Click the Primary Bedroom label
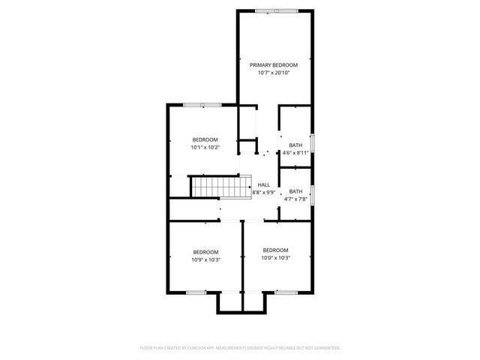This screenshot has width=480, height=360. pyautogui.click(x=274, y=65)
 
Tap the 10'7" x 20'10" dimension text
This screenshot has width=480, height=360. pyautogui.click(x=274, y=73)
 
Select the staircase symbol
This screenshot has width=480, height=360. pyautogui.click(x=220, y=186)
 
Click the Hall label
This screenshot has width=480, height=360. pyautogui.click(x=263, y=184)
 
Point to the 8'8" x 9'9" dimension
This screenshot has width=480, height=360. pyautogui.click(x=263, y=192)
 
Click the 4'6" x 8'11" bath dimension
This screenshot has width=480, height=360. pyautogui.click(x=295, y=153)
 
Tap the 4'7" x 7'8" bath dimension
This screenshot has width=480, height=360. pyautogui.click(x=295, y=199)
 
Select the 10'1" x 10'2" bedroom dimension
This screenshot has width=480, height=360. pyautogui.click(x=205, y=148)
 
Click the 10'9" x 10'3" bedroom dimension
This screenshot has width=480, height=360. pyautogui.click(x=205, y=259)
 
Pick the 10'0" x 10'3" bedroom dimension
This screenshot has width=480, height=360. pyautogui.click(x=275, y=258)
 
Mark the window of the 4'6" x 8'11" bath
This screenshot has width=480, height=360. pyautogui.click(x=313, y=143)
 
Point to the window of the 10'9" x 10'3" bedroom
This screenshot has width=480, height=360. pyautogui.click(x=196, y=292)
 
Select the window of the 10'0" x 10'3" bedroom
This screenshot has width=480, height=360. pyautogui.click(x=283, y=292)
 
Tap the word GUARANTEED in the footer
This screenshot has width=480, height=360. pyautogui.click(x=324, y=348)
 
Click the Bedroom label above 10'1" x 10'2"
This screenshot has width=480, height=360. pyautogui.click(x=205, y=140)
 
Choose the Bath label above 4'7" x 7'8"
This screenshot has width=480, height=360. pyautogui.click(x=295, y=191)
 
